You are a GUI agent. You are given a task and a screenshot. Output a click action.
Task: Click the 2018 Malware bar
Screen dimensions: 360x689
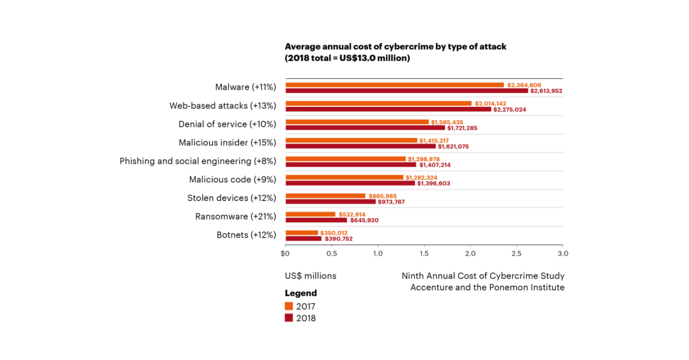tap(407, 91)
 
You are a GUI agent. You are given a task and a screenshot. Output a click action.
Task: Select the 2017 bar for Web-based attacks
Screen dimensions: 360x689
tap(378, 103)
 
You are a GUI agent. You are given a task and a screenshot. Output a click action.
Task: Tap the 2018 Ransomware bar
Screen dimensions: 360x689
tap(316, 220)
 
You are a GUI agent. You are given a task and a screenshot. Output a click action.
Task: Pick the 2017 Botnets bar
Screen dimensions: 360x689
tap(301, 233)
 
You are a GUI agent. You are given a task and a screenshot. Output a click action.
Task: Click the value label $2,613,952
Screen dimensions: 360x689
tap(546, 91)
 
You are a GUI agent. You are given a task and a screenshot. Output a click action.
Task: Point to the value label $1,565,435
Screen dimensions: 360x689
tap(447, 122)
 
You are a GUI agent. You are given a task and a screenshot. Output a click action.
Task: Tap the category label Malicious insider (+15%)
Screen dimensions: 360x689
tap(227, 142)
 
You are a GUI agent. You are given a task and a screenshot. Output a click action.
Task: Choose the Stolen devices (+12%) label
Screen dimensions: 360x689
tap(232, 198)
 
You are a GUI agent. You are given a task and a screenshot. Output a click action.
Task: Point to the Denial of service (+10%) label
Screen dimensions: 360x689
tap(227, 124)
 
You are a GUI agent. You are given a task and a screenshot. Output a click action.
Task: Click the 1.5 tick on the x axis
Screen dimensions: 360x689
tap(424, 253)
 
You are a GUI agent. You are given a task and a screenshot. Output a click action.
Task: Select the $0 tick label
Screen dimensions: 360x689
tap(285, 253)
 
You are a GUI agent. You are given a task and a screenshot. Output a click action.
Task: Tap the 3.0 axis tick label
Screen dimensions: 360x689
tap(563, 253)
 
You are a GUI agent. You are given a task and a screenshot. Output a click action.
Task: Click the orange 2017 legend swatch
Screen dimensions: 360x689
tap(289, 306)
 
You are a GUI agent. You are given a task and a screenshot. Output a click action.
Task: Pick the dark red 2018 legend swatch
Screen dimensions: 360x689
tap(289, 318)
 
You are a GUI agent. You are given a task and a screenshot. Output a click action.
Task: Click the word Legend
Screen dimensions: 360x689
tap(301, 293)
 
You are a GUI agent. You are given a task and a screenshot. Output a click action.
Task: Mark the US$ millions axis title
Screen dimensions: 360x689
tap(311, 276)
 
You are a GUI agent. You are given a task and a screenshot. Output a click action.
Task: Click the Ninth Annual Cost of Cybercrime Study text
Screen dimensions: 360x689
tap(483, 276)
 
